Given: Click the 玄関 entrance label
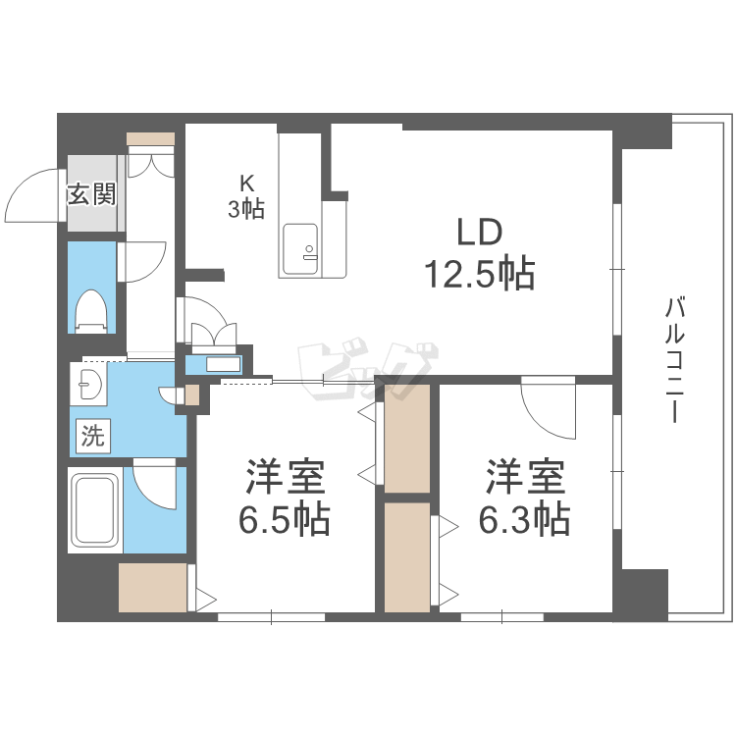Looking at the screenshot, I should point(91,194).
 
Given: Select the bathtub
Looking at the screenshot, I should point(94,511).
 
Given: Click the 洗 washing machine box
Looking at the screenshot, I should point(91,435).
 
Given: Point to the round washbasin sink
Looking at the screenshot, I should point(88,385).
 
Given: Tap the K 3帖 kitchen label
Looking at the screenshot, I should point(247,196).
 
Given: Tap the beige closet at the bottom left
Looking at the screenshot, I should point(153,587).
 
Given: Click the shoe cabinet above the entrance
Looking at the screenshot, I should point(151,138).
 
